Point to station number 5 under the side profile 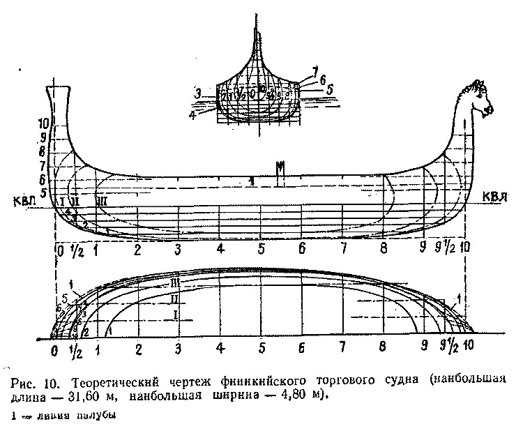point(261,249)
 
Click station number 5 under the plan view point(261,347)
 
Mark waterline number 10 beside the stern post point(43,123)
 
